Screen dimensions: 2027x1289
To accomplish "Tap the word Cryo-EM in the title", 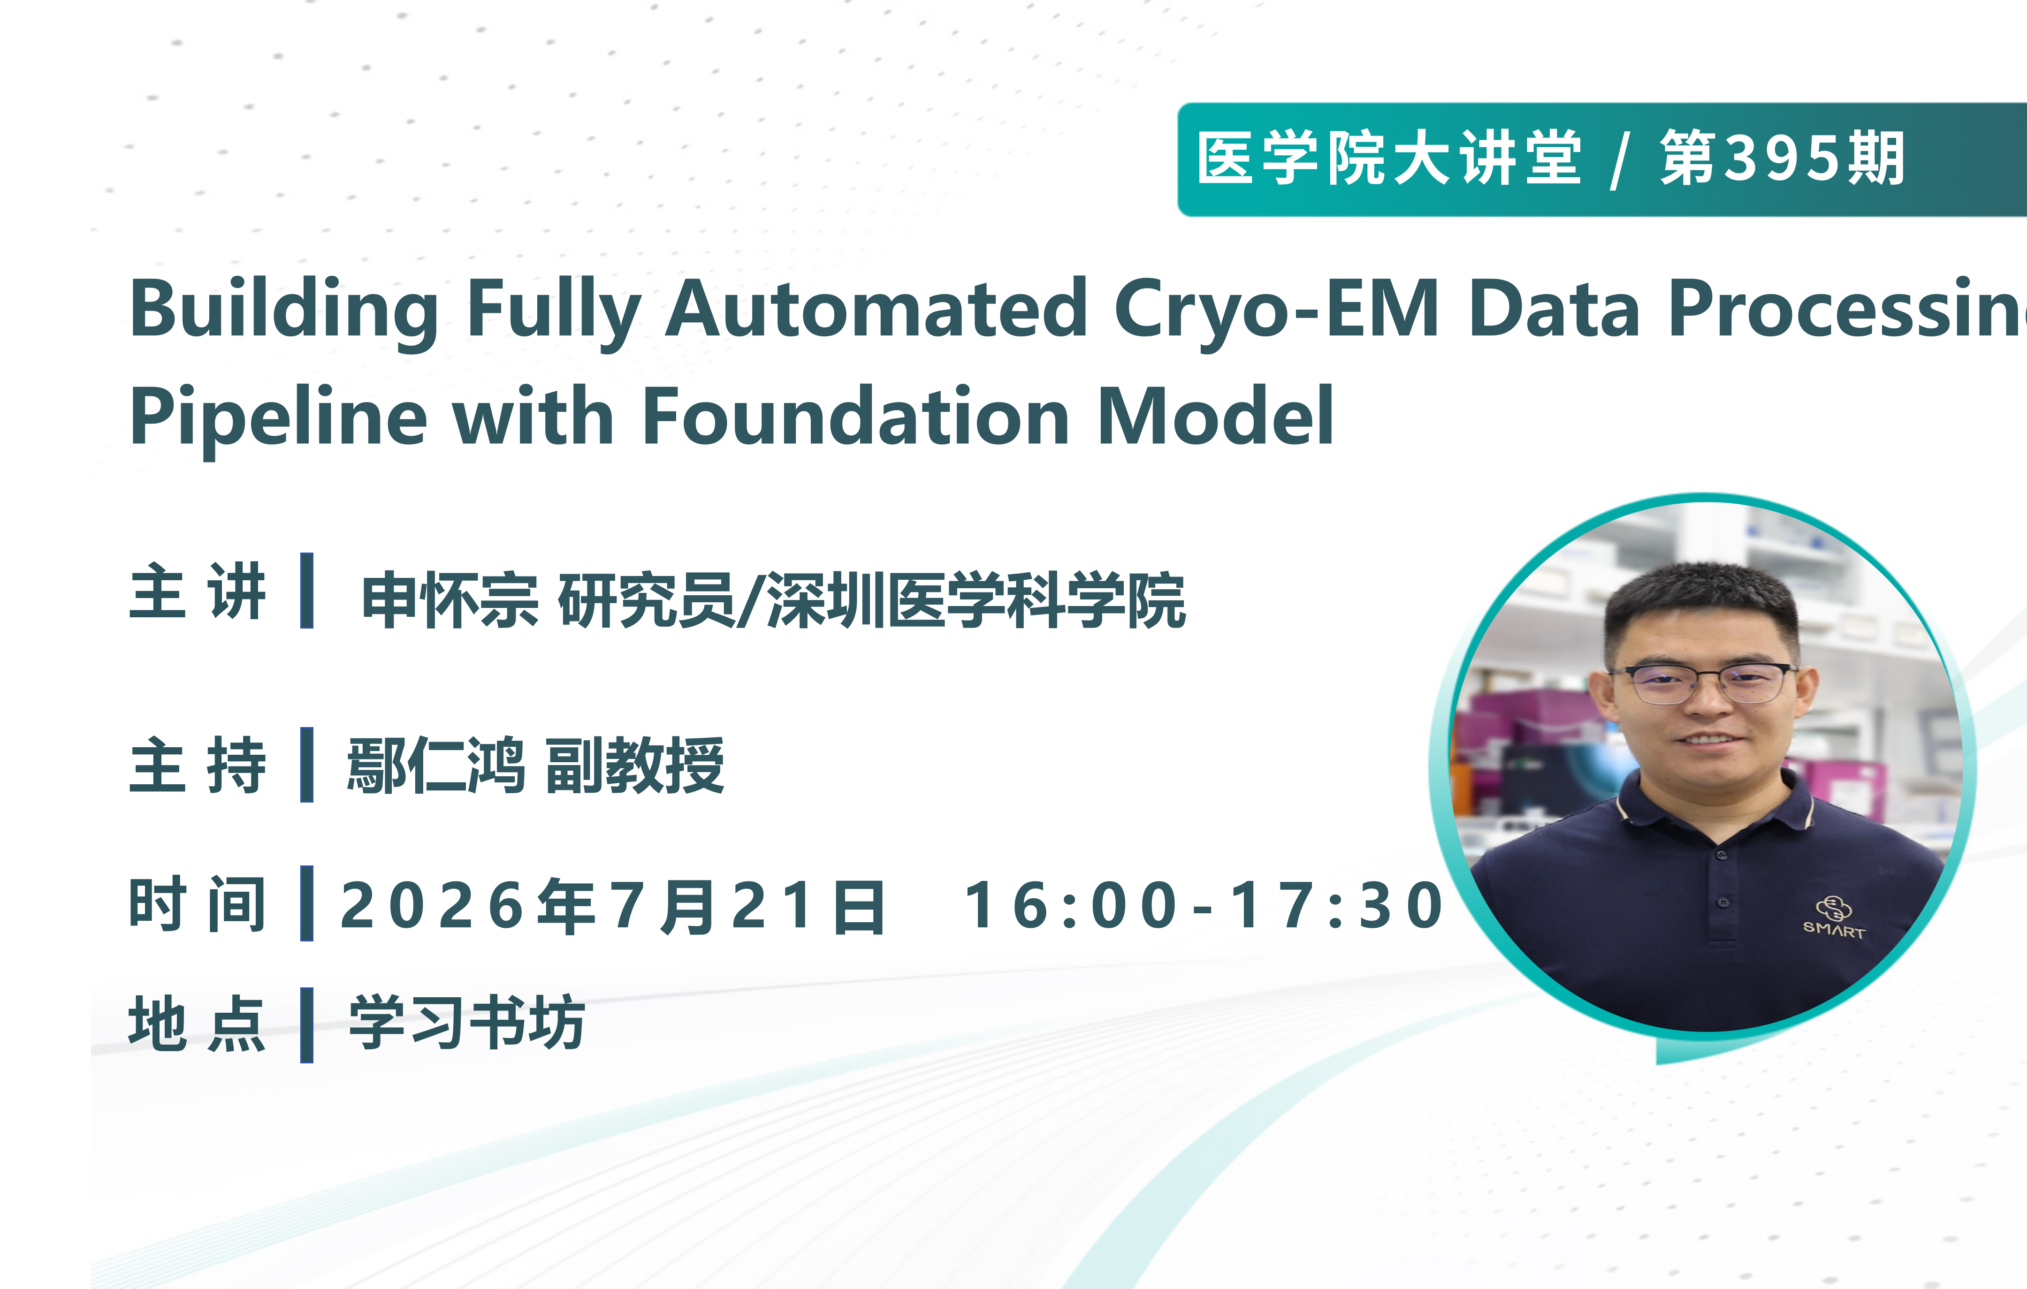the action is point(1276,310).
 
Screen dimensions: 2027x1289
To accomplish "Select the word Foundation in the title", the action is point(855,417).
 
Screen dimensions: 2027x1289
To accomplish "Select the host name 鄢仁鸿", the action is point(436,765).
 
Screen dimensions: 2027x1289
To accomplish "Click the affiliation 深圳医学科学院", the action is point(976,600).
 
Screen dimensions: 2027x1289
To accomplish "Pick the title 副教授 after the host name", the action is point(635,765).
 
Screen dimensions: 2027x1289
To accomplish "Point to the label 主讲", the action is point(198,591).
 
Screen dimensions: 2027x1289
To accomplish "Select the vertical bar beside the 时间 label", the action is point(306,903).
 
